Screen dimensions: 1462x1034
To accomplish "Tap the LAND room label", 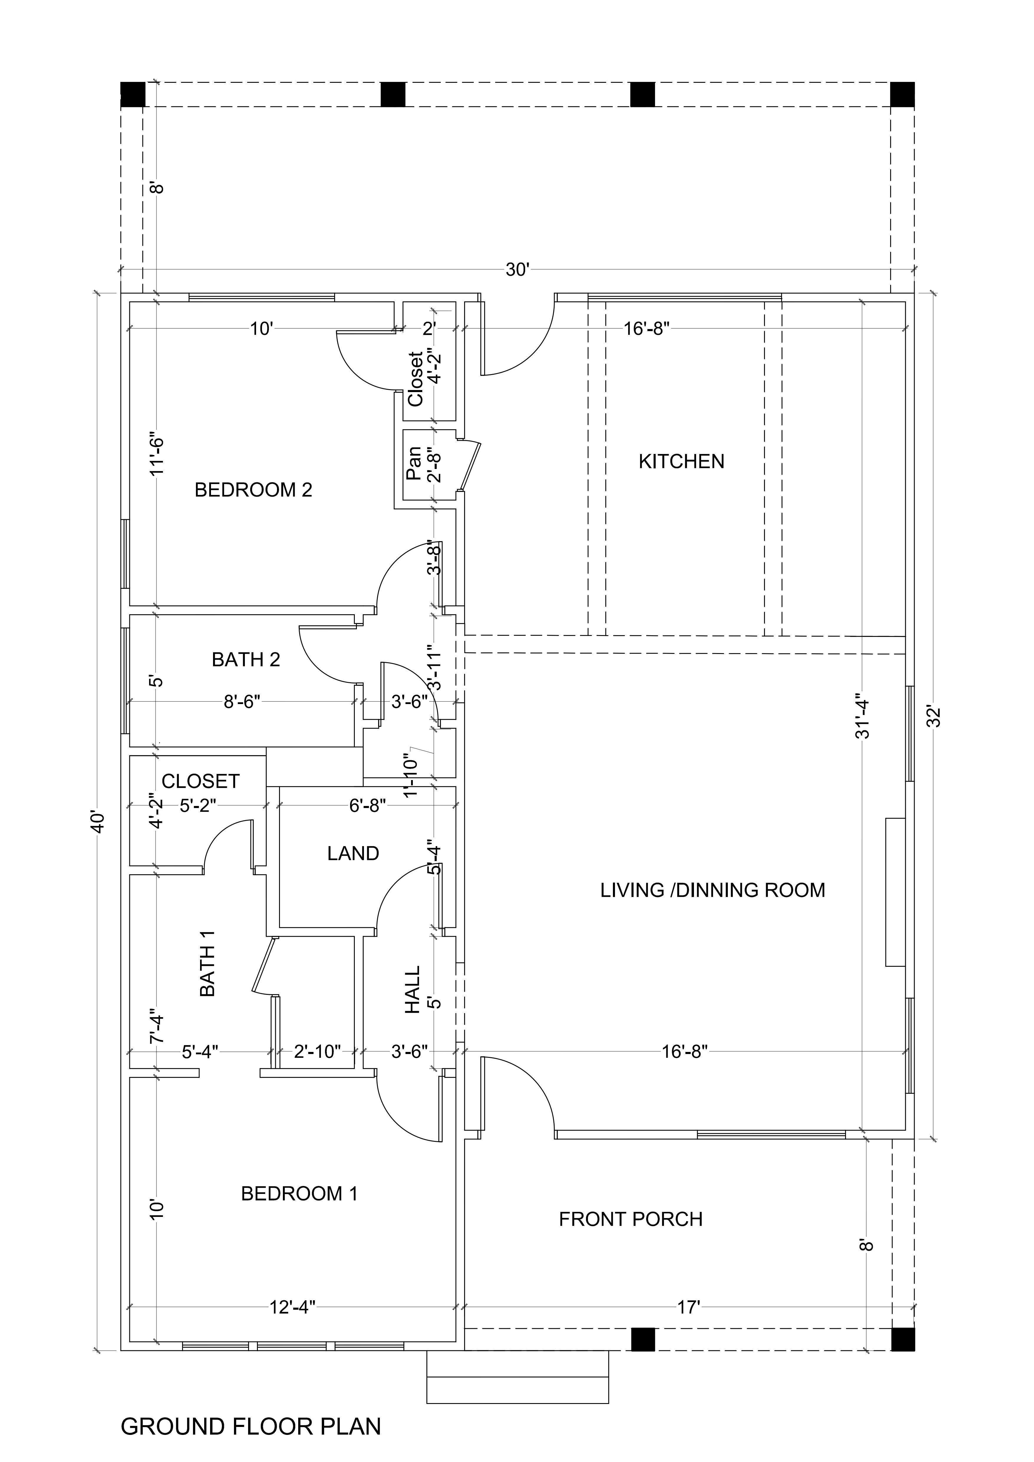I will click(x=353, y=853).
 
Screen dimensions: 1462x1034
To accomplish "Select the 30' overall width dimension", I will click(x=517, y=270).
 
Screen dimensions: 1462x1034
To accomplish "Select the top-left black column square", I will click(x=133, y=94).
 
